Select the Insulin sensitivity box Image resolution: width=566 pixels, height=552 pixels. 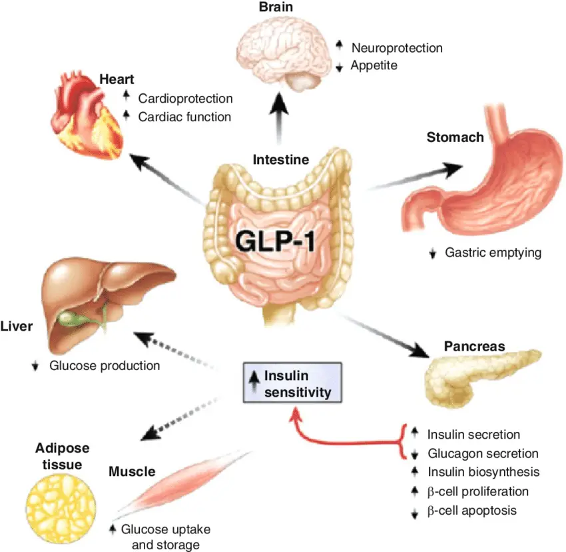(292, 383)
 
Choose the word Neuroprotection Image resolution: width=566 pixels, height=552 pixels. (397, 47)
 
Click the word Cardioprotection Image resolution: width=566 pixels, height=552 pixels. (185, 99)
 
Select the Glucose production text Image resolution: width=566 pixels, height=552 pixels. (105, 365)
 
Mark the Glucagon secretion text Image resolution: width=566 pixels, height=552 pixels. (483, 453)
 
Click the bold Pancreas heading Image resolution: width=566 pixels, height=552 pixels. (474, 347)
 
